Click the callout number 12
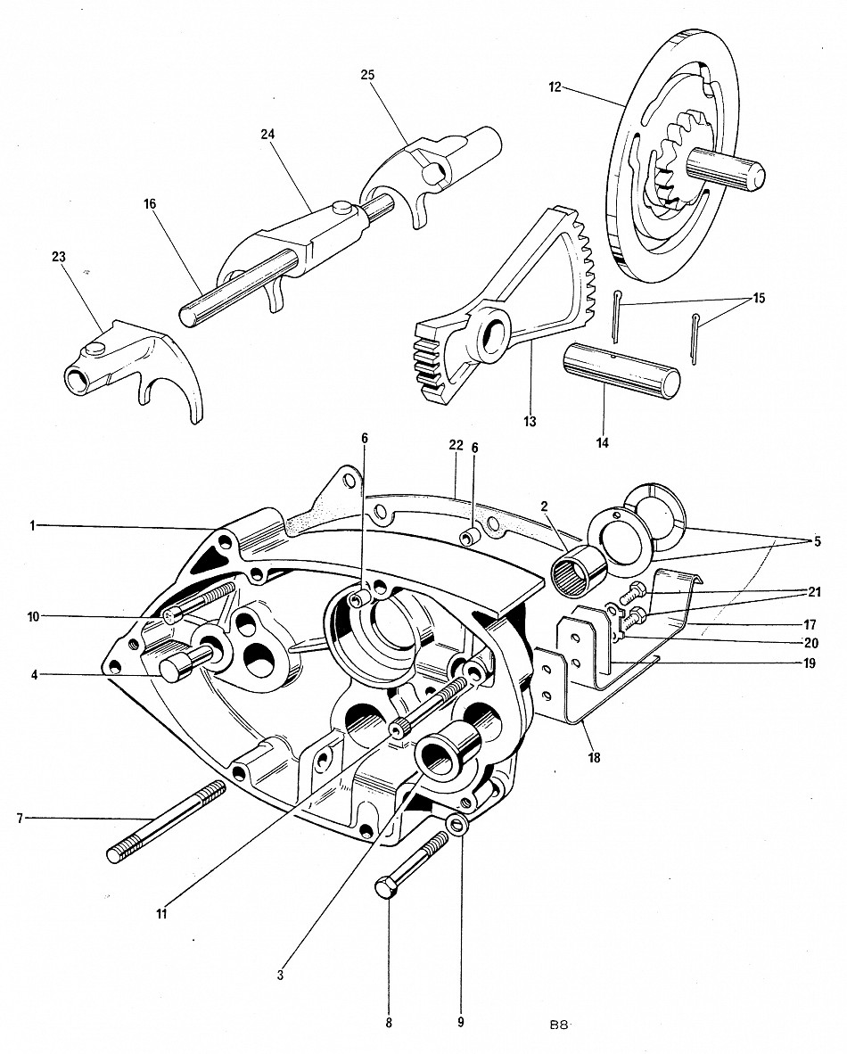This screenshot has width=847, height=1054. [x=555, y=86]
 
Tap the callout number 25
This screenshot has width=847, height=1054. [x=367, y=75]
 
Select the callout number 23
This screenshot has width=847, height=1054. [x=59, y=257]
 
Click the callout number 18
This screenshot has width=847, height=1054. [x=594, y=759]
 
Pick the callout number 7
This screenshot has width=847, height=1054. [x=21, y=818]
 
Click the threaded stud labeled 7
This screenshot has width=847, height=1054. [x=166, y=821]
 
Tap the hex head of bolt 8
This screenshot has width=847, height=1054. [x=384, y=887]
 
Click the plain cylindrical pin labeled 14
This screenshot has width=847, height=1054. [x=621, y=370]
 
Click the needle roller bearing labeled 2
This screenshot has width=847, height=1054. [x=580, y=572]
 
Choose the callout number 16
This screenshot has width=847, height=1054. [x=149, y=203]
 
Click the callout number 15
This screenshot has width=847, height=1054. [x=759, y=298]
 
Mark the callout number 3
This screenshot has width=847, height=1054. [x=280, y=976]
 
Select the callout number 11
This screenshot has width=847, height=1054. [x=161, y=914]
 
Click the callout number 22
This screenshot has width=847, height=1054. [x=456, y=445]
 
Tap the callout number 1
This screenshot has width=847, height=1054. [x=32, y=526]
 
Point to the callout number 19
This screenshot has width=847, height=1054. [x=810, y=663]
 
